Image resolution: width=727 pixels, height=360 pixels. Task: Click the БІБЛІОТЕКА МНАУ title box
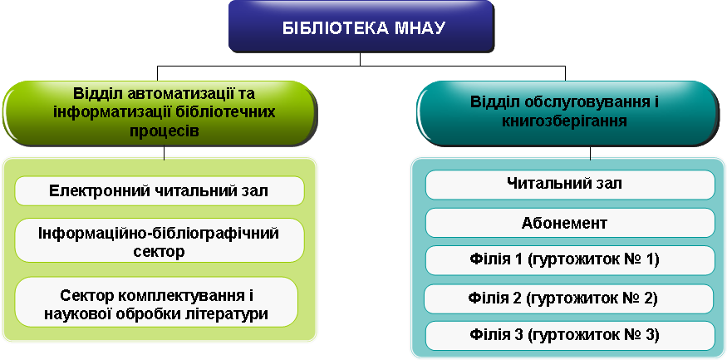point(361,27)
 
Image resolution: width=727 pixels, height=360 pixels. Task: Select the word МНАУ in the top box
point(420,28)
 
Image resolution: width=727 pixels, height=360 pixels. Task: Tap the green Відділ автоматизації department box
point(160,114)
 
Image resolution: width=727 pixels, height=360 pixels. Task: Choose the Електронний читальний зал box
point(160,190)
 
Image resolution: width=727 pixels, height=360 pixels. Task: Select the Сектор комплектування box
point(156,302)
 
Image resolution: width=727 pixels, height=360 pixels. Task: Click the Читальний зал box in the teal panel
point(570,185)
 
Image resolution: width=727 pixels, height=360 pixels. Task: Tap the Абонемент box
point(570,223)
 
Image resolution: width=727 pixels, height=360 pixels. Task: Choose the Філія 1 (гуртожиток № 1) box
point(570,260)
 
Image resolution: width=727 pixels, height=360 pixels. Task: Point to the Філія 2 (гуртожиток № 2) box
point(569,298)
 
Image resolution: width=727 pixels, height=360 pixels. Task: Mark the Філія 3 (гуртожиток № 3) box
point(570,335)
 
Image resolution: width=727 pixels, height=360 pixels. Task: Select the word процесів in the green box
point(165,131)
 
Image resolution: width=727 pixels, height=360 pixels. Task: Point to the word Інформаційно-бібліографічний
point(159,234)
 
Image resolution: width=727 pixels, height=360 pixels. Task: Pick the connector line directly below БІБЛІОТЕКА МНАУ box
point(361,59)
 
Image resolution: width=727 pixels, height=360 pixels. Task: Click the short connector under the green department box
point(165,153)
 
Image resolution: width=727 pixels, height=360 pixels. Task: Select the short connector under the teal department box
point(590,153)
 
